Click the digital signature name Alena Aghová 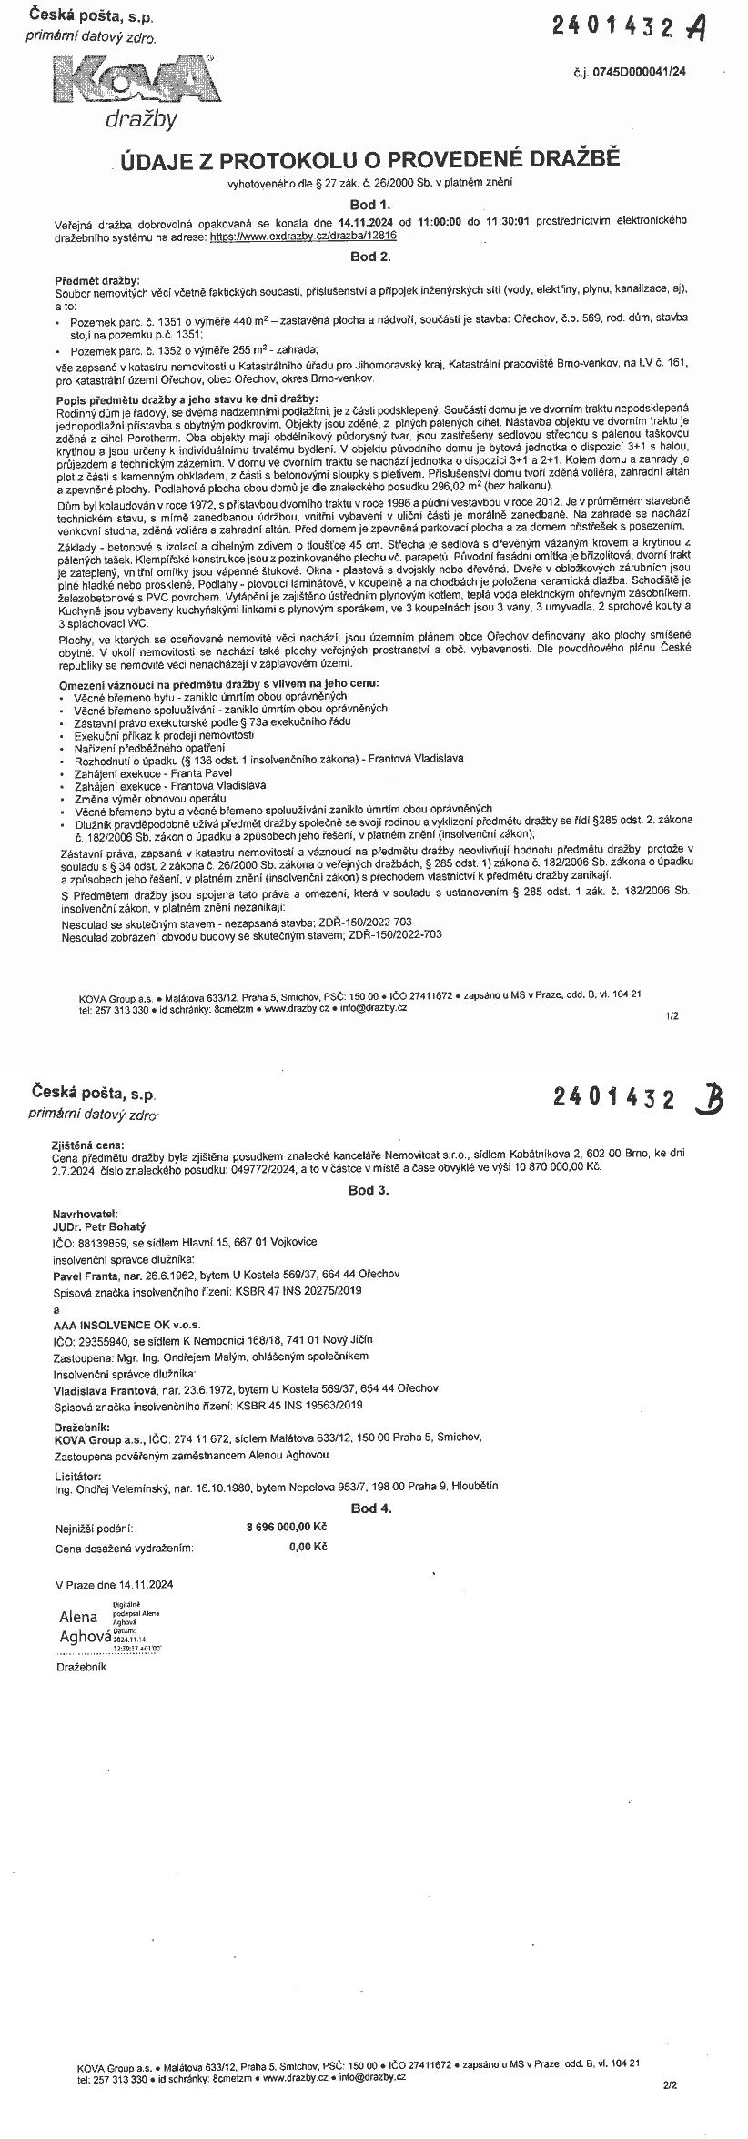point(78,1626)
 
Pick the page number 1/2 point(672,1015)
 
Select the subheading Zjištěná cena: point(89,1145)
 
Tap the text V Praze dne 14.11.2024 point(115,1584)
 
